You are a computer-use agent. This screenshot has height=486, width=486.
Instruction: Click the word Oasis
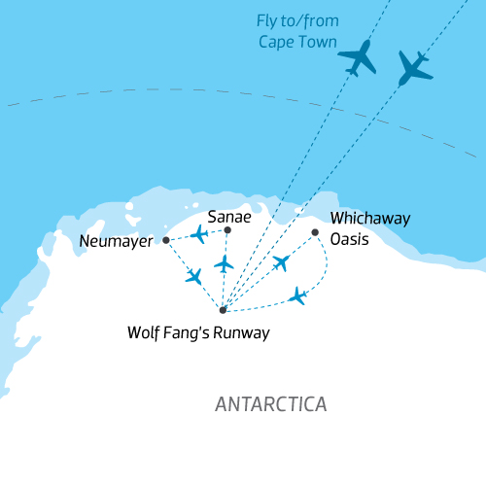pos(350,238)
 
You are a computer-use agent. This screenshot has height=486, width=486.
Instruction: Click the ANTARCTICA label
pos(271,403)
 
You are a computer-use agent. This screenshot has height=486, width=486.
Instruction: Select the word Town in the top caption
pos(319,43)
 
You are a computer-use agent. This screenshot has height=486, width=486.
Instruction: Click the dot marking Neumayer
pos(166,239)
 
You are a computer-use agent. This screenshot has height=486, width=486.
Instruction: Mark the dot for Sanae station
pos(227,230)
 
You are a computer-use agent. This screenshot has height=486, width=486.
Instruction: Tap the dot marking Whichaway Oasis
pos(315,231)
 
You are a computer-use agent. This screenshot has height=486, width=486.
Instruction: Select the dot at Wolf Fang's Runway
pos(223,310)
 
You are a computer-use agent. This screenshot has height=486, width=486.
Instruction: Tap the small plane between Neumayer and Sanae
pos(199,234)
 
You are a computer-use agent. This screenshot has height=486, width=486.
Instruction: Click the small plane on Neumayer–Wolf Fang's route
pos(194,276)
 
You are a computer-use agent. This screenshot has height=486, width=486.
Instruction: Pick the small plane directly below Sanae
pos(225,263)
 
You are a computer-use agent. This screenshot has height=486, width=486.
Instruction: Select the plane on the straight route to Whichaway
pos(282,262)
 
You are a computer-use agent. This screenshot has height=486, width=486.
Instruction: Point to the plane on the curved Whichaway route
pos(298,295)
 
